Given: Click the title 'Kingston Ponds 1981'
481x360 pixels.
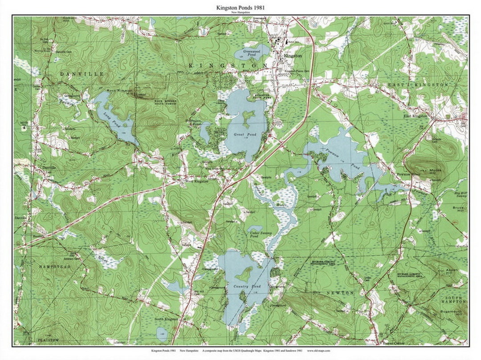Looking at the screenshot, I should point(240,8).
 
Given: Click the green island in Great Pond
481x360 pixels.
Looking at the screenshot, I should point(247,117).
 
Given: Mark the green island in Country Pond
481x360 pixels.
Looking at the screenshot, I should point(244,274).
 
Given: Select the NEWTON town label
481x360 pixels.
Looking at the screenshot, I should point(340,293).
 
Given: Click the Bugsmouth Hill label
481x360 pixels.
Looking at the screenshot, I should point(453,316).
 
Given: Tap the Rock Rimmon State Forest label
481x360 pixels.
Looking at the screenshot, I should point(166,102).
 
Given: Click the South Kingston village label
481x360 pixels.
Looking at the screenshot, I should point(166,319).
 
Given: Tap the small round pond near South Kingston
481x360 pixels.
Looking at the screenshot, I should point(162,334).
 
